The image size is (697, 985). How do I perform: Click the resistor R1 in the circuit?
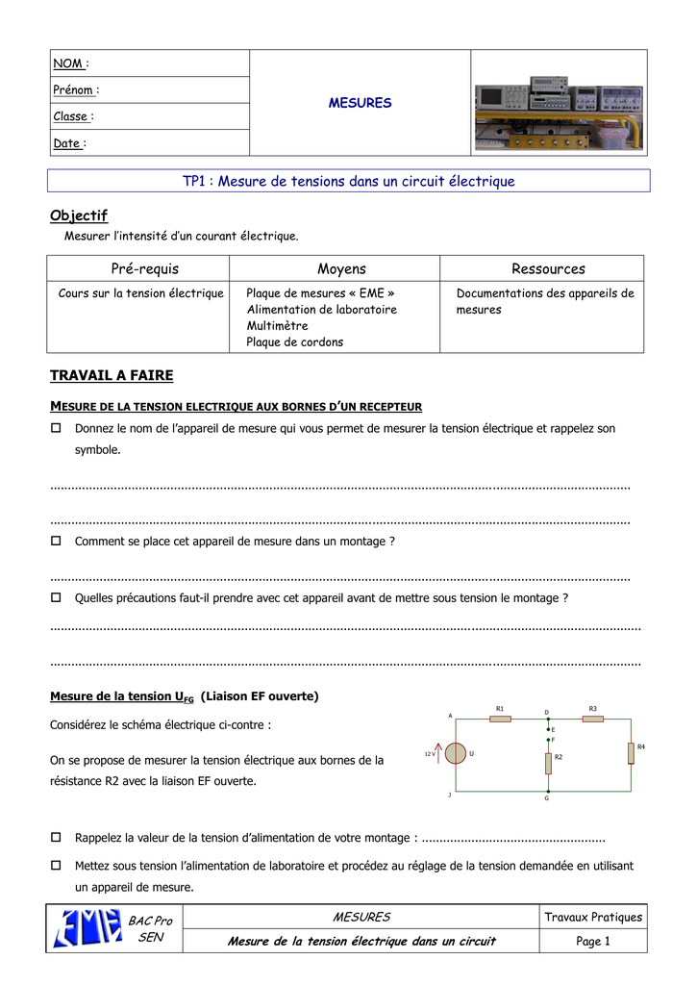[x=500, y=719]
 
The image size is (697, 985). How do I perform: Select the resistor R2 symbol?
[x=547, y=763]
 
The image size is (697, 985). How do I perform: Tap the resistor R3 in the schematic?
[x=593, y=719]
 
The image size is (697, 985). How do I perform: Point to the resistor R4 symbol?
[x=631, y=753]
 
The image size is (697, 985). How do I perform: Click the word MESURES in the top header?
[x=360, y=103]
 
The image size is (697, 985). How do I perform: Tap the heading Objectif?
[x=79, y=215]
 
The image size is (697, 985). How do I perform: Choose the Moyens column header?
[x=341, y=269]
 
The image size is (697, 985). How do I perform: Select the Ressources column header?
[x=548, y=269]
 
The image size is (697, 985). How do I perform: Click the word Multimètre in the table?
[x=277, y=325]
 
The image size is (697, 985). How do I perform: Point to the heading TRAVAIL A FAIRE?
[x=112, y=375]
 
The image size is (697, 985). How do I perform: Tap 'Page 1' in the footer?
[x=593, y=941]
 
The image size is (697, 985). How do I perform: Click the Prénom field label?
[x=74, y=90]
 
